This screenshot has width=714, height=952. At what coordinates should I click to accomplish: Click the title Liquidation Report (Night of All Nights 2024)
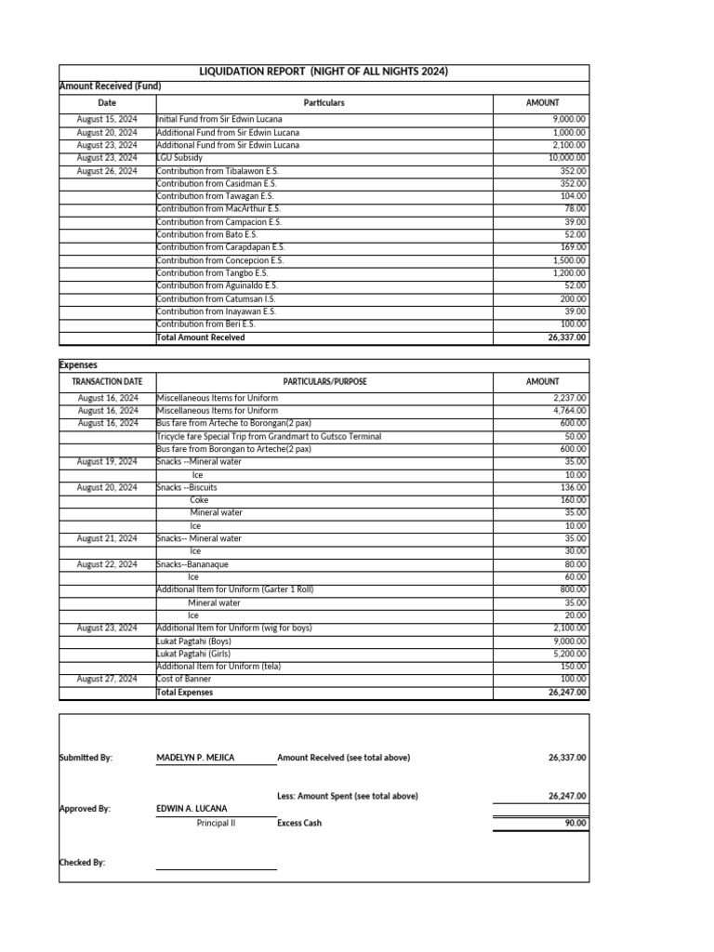pyautogui.click(x=324, y=73)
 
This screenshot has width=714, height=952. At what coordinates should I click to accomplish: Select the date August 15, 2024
pyautogui.click(x=107, y=120)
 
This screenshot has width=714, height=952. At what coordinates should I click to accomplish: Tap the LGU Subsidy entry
pyautogui.click(x=179, y=158)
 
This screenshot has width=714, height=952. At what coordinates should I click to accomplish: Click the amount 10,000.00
pyautogui.click(x=567, y=158)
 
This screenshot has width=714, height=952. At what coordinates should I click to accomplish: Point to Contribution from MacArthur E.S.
pyautogui.click(x=218, y=209)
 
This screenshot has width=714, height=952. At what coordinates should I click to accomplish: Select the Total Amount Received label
pyautogui.click(x=201, y=337)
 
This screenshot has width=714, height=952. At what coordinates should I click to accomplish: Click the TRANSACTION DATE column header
pyautogui.click(x=107, y=381)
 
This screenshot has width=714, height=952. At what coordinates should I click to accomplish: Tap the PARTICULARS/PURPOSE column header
pyautogui.click(x=324, y=381)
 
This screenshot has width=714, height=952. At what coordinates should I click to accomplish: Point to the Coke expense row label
pyautogui.click(x=199, y=500)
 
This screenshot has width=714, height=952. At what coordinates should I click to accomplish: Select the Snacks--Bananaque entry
pyautogui.click(x=192, y=564)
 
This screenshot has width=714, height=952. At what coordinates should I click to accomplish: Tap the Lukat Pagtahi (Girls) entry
pyautogui.click(x=194, y=654)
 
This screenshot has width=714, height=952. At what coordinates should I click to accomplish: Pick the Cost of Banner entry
pyautogui.click(x=187, y=680)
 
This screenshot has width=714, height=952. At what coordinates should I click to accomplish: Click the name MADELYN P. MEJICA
pyautogui.click(x=195, y=758)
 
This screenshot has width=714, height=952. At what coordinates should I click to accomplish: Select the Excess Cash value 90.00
pyautogui.click(x=575, y=823)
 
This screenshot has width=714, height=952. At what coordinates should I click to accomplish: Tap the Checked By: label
pyautogui.click(x=82, y=863)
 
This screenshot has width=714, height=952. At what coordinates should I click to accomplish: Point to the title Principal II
pyautogui.click(x=216, y=823)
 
